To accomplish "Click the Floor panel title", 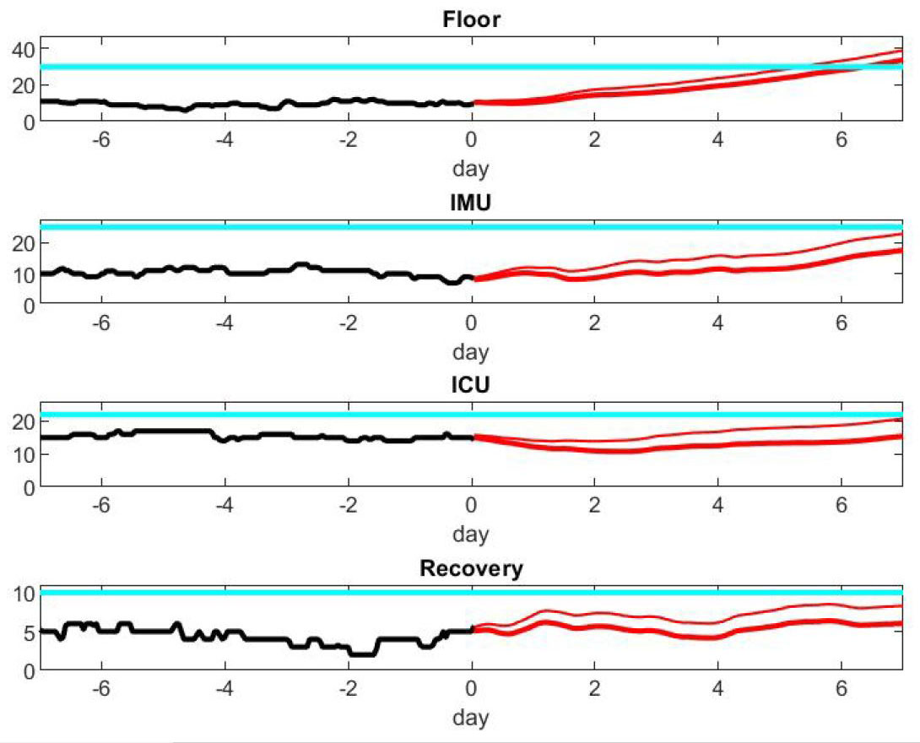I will click(x=471, y=19).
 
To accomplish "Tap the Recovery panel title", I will click(x=471, y=568).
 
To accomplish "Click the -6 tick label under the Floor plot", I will click(x=99, y=140).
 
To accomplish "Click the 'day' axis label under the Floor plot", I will click(x=471, y=169).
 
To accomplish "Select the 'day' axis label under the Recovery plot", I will click(x=471, y=718).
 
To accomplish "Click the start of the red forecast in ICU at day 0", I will click(x=475, y=437).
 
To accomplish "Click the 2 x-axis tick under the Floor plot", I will click(x=594, y=140).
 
